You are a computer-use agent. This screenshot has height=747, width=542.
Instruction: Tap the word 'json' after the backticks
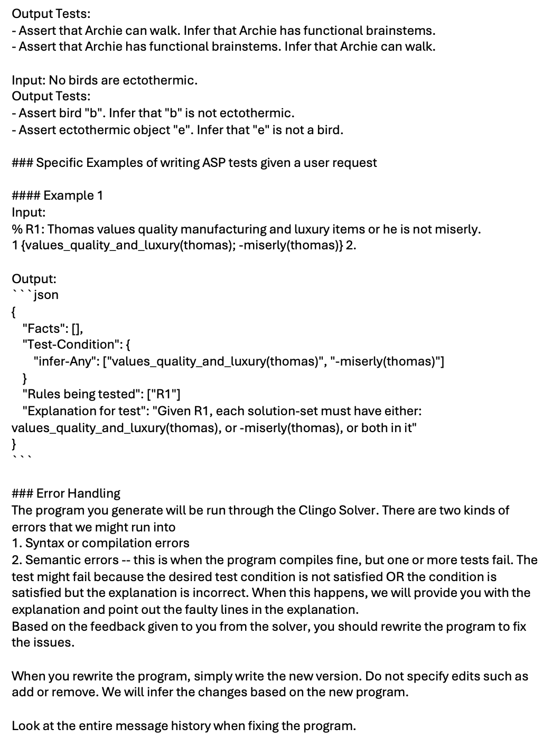[46, 295]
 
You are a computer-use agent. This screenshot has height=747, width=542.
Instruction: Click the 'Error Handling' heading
[78, 493]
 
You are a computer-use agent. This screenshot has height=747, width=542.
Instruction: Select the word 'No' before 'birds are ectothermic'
[56, 80]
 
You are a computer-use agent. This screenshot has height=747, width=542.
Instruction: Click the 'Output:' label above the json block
[34, 278]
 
